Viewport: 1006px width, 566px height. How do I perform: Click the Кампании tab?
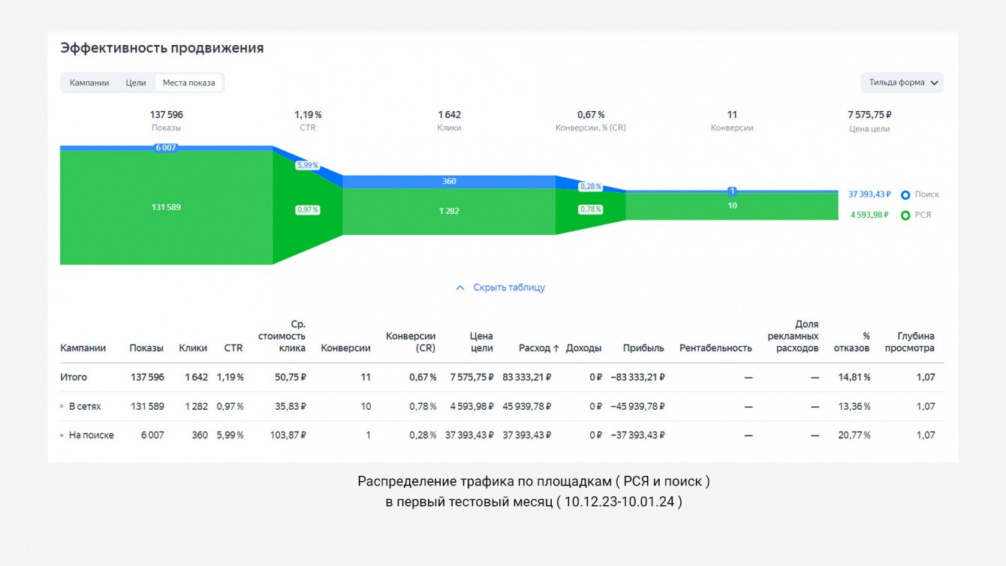(89, 83)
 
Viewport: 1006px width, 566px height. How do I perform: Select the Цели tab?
(136, 83)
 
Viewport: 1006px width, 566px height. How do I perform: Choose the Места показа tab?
(188, 83)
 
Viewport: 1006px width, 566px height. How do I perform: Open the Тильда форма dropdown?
(902, 83)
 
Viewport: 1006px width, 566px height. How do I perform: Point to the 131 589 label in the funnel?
(166, 207)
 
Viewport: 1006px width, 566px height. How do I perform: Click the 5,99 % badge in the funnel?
(307, 165)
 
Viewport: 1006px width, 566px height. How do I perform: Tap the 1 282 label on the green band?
(449, 211)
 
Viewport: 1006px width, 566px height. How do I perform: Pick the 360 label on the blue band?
(449, 182)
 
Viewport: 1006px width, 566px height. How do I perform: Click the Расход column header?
(538, 348)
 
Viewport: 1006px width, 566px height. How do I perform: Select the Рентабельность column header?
(715, 348)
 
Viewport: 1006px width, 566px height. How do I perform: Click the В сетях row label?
(84, 406)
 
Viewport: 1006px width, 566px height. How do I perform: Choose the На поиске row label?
(91, 435)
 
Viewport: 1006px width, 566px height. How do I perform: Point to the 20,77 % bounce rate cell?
(854, 435)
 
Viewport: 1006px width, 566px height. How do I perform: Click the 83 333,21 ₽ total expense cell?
(527, 377)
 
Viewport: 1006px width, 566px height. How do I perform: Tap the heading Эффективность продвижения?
(162, 48)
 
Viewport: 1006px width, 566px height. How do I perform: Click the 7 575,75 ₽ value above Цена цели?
(869, 115)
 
